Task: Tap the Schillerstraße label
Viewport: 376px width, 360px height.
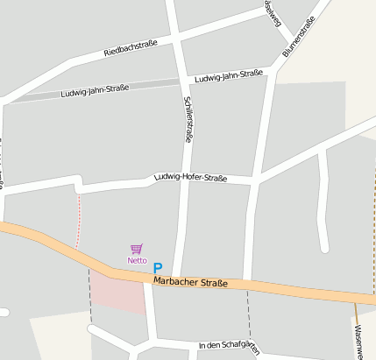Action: (188, 120)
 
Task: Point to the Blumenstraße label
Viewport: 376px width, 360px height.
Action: (298, 39)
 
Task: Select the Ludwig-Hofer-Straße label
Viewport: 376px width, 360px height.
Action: (190, 178)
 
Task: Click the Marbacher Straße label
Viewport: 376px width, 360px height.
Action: (190, 282)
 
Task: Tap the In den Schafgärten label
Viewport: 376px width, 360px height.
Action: (230, 346)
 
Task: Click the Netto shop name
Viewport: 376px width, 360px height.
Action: (137, 260)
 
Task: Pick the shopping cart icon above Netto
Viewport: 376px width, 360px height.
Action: (137, 250)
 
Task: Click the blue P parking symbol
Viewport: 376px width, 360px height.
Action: (158, 268)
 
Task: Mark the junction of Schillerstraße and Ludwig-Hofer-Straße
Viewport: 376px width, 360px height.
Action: (186, 180)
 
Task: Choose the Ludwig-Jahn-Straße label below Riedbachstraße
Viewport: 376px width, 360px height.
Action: (95, 90)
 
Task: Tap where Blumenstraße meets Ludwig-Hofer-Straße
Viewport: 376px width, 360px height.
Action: (256, 182)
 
